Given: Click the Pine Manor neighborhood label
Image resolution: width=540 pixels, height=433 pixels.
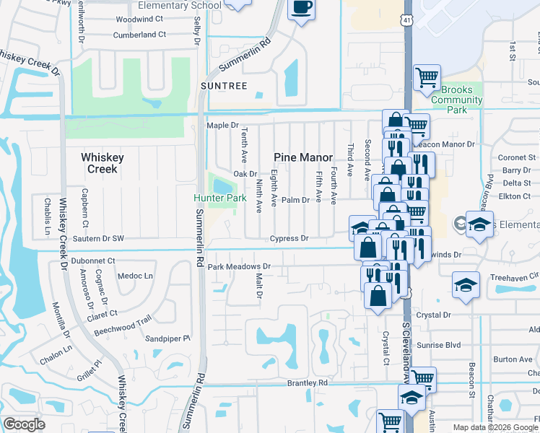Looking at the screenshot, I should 303,157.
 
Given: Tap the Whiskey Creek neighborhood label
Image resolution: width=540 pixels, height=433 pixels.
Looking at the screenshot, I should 103,163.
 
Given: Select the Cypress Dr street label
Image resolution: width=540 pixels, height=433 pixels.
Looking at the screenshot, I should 289,238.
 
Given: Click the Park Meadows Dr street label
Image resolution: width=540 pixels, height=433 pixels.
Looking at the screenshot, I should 239,266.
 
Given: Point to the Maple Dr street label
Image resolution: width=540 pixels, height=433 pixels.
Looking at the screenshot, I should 222,126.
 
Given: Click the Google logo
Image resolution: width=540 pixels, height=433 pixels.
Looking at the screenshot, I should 24,424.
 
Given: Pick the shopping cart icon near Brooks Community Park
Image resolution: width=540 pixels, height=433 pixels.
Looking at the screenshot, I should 427,76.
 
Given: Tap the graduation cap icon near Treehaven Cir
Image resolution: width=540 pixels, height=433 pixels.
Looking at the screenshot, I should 466,284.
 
